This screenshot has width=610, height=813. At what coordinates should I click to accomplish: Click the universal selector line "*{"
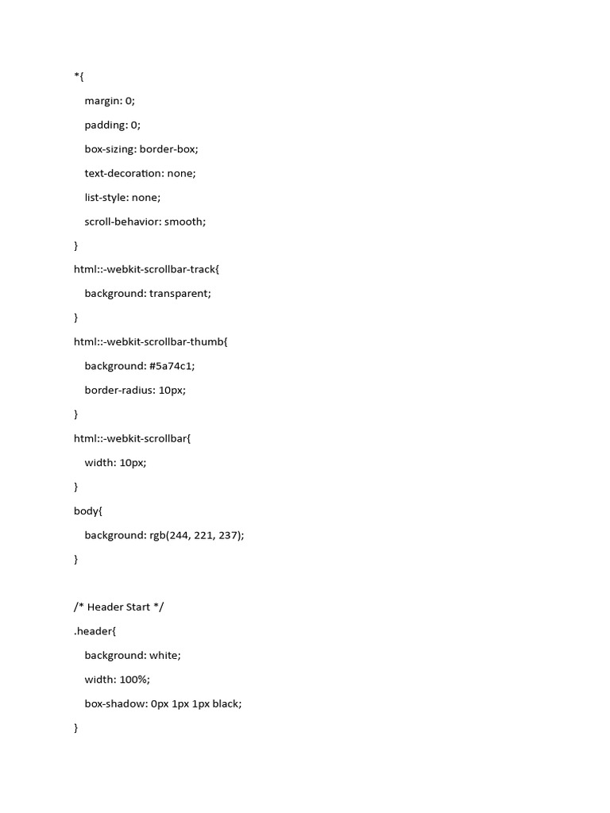tap(79, 76)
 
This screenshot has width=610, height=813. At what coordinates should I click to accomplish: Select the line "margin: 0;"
tap(110, 101)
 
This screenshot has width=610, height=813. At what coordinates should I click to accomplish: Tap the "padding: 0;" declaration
tap(112, 125)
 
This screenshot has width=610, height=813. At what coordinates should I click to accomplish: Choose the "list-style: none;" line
tap(122, 197)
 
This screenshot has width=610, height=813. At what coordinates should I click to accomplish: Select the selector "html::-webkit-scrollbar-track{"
tap(146, 269)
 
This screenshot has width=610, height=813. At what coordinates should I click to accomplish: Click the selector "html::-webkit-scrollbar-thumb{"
tap(150, 341)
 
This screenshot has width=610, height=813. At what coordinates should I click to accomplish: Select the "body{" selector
tap(88, 511)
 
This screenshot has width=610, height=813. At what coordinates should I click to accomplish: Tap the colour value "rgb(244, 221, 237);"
tap(196, 535)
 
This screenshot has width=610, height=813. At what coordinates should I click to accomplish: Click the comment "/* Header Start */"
tap(119, 607)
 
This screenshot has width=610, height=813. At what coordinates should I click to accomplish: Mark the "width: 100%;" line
tap(117, 680)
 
